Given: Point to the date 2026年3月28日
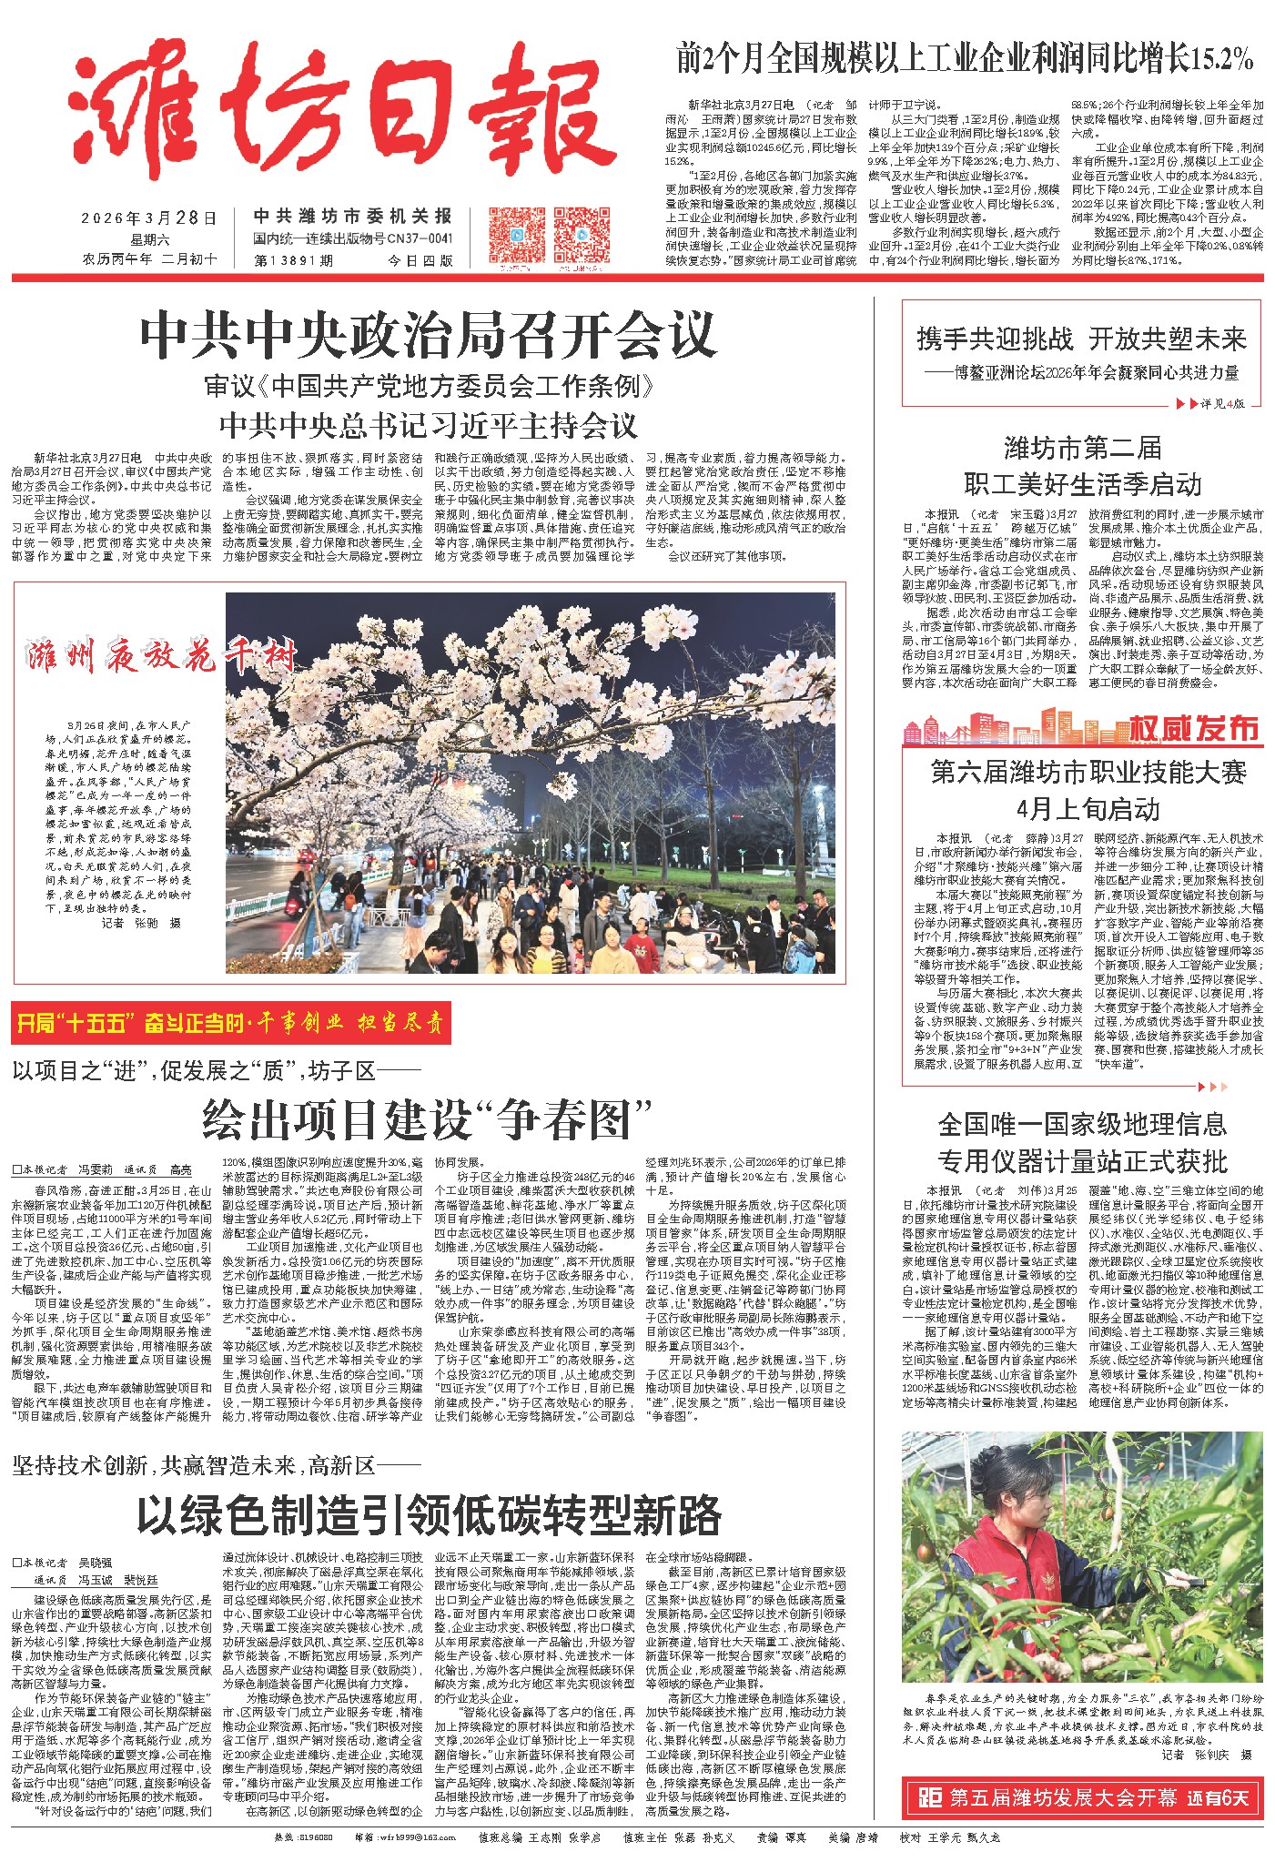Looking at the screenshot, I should point(149,218).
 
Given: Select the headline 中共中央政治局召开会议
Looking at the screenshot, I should point(428,336).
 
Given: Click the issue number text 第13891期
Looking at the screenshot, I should point(296,259).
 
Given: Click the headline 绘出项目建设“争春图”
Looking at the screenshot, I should point(428,1118).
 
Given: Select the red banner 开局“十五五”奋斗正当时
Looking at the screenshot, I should point(231,1024).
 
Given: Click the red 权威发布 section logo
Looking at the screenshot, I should point(1193,728).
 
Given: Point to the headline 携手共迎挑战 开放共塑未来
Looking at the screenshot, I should point(1081,339).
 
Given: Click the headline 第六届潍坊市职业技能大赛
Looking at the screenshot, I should point(1088,773).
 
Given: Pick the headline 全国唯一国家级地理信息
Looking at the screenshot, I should point(1082,1125).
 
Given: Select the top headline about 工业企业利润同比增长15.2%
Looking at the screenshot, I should point(965,59).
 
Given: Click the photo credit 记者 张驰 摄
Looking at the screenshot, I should point(141,923).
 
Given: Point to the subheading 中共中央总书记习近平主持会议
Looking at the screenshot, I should point(428,426).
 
